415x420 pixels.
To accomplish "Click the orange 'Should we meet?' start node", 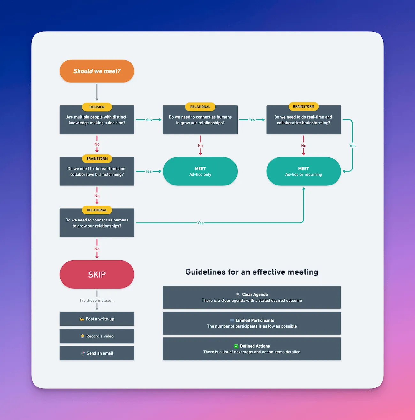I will (x=97, y=71).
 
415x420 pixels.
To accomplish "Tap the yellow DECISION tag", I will (x=97, y=107).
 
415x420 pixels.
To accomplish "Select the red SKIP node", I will (x=97, y=274).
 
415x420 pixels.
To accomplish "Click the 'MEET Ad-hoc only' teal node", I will (x=200, y=171).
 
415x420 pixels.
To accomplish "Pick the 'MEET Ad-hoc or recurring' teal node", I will (x=303, y=171).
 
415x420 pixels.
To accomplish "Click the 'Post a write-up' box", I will (x=97, y=319).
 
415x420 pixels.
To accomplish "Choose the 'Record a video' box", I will (x=97, y=336).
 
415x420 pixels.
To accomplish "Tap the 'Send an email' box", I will (x=97, y=353).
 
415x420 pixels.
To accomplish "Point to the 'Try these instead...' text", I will (x=97, y=301).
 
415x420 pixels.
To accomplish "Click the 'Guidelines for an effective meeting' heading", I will (x=252, y=272).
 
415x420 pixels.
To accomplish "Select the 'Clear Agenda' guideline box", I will (x=252, y=297).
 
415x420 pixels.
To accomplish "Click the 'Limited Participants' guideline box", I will (x=252, y=323).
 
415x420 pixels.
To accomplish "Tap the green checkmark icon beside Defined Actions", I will (x=236, y=346).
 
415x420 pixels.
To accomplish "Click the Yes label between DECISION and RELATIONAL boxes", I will (x=148, y=120).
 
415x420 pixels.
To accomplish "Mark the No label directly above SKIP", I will (x=97, y=249).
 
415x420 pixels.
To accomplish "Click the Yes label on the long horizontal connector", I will (x=200, y=223).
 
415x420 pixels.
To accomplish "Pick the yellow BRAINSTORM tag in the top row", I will (x=304, y=107).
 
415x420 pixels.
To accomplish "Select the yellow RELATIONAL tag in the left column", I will (x=97, y=210).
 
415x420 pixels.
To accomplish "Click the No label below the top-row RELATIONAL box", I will (x=200, y=146).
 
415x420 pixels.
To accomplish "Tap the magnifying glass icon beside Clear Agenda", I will (x=238, y=294).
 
